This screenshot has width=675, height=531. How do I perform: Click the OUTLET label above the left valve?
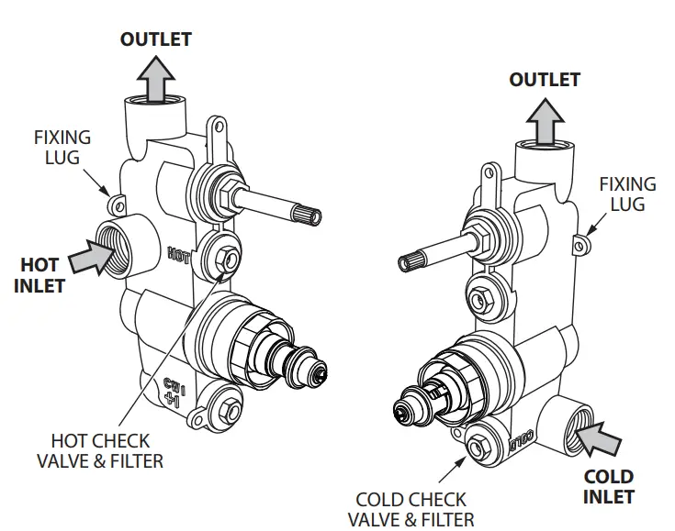point(156,39)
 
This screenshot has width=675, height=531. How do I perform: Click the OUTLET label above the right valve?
point(545,80)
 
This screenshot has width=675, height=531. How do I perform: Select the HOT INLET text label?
point(40,275)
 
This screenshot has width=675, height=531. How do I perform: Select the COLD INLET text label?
point(609,486)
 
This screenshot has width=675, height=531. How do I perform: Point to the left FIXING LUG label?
point(62,147)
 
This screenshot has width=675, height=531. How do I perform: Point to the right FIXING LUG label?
point(627,194)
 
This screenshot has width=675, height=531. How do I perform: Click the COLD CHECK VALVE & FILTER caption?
point(411,509)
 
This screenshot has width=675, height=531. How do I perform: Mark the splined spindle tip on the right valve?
point(408,263)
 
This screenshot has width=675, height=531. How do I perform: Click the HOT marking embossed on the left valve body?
point(179,253)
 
